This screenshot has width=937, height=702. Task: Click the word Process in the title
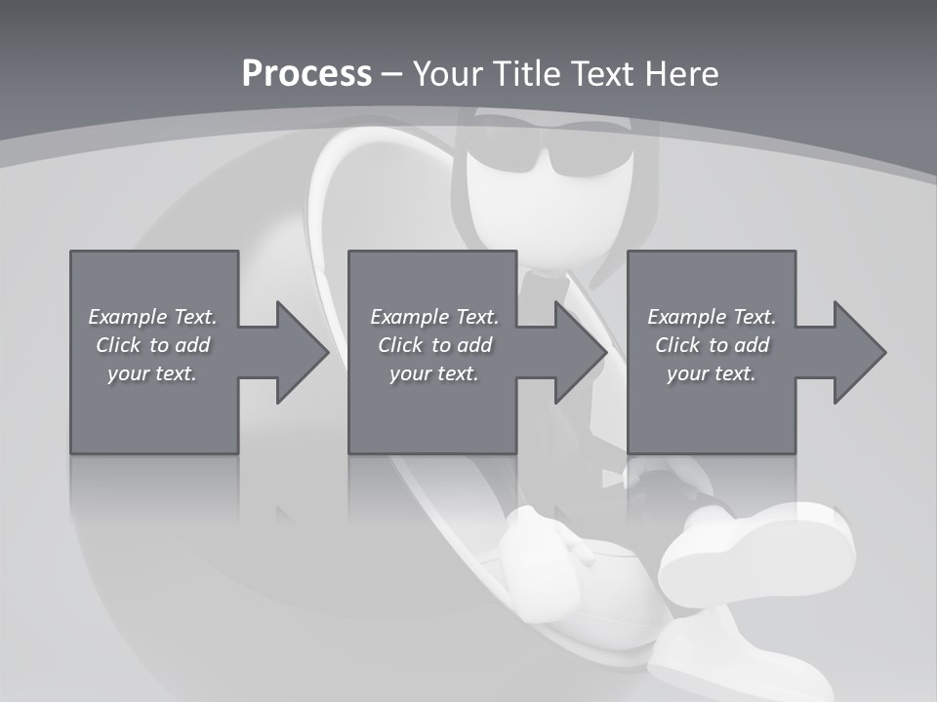coord(306,74)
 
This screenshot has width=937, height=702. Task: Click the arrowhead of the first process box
coord(303,352)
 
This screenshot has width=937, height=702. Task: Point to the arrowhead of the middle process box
coord(581,352)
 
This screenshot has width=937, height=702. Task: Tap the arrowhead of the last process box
coord(859,352)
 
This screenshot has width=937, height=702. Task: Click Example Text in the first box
coord(152,317)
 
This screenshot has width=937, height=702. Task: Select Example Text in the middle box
coord(433,317)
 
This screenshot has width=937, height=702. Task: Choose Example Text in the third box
coord(711,317)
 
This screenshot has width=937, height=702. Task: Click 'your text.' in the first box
coord(152,373)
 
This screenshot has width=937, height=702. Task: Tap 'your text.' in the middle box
coord(433,373)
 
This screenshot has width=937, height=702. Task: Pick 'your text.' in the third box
coord(711,373)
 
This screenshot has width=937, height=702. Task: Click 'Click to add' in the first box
coord(152,345)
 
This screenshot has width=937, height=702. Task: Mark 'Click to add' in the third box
coord(712,345)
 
